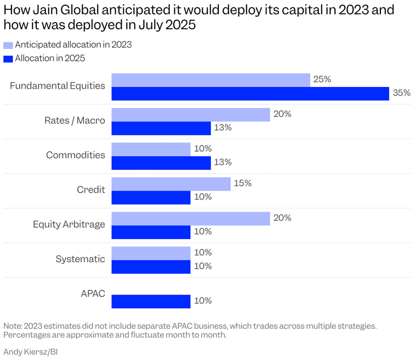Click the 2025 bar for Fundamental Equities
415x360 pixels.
[x=250, y=93]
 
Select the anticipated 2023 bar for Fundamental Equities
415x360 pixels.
[x=211, y=80]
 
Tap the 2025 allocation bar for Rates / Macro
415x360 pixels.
[x=161, y=128]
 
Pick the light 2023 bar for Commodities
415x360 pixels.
[x=151, y=149]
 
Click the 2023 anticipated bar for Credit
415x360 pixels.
[x=171, y=184]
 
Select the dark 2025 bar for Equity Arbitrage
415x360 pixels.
[x=151, y=232]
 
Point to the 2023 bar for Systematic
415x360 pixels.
[x=151, y=253]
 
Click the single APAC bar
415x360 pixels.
[x=151, y=301]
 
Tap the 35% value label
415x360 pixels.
[x=401, y=93]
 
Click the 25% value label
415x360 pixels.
[x=322, y=80]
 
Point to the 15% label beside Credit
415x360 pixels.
[x=243, y=184]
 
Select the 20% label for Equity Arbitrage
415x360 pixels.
[x=283, y=218]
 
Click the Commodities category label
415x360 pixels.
[x=76, y=155]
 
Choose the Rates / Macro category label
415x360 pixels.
[x=75, y=121]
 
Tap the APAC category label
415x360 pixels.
[x=93, y=294]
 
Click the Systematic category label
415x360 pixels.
[x=81, y=259]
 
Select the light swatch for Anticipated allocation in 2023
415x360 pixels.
[x=8, y=45]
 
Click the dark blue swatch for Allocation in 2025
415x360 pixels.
[x=8, y=58]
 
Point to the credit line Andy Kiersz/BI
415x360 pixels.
[x=31, y=352]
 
